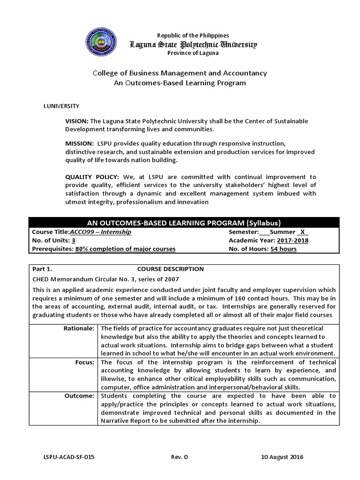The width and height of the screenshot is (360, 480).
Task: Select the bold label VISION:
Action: pyautogui.click(x=76, y=121)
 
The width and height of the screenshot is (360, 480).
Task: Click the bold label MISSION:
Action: pyautogui.click(x=79, y=143)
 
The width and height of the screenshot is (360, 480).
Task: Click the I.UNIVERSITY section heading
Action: pyautogui.click(x=61, y=106)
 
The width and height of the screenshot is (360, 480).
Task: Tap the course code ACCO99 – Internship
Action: pyautogui.click(x=100, y=232)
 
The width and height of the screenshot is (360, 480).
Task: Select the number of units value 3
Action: pyautogui.click(x=74, y=240)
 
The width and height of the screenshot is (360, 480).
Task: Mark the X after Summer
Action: pyautogui.click(x=302, y=232)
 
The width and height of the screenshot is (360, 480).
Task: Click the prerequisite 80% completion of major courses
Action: pyautogui.click(x=125, y=249)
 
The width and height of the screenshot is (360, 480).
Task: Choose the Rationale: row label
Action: pyautogui.click(x=79, y=328)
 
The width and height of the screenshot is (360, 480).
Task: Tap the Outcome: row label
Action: pyautogui.click(x=80, y=396)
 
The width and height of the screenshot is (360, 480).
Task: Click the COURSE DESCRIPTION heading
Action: pyautogui.click(x=170, y=269)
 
